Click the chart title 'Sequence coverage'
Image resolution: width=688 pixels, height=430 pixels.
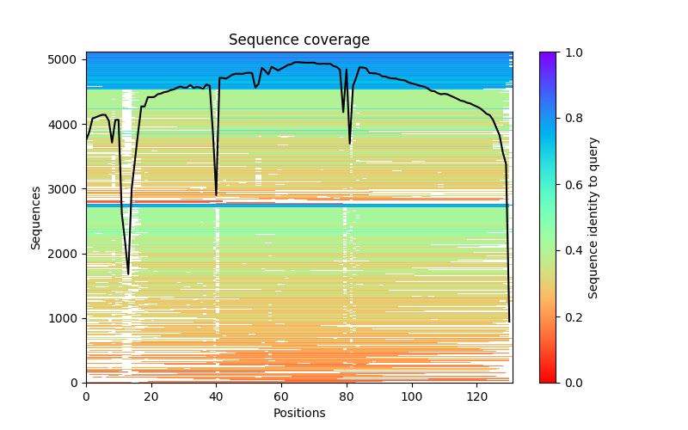pos(298,40)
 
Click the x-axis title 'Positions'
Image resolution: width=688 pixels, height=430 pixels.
pos(298,413)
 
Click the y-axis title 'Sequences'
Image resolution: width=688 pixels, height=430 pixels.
pos(36,218)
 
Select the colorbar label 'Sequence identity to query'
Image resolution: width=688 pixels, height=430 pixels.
pos(594,218)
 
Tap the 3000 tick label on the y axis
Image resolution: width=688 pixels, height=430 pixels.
pos(67,189)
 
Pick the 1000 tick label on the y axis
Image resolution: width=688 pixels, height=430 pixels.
pos(67,318)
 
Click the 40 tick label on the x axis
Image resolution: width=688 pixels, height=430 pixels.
pos(216,396)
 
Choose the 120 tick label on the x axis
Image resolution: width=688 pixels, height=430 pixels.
pos(477,396)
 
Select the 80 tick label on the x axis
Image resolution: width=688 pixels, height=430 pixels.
pos(347,396)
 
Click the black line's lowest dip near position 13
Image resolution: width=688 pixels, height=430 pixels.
pos(128,274)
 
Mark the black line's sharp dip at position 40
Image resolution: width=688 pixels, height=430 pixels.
pos(216,195)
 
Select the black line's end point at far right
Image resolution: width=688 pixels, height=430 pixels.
pos(509,322)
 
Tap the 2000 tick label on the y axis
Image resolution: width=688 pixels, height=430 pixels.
pos(67,254)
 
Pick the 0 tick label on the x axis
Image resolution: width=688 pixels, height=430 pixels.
pos(86,396)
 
